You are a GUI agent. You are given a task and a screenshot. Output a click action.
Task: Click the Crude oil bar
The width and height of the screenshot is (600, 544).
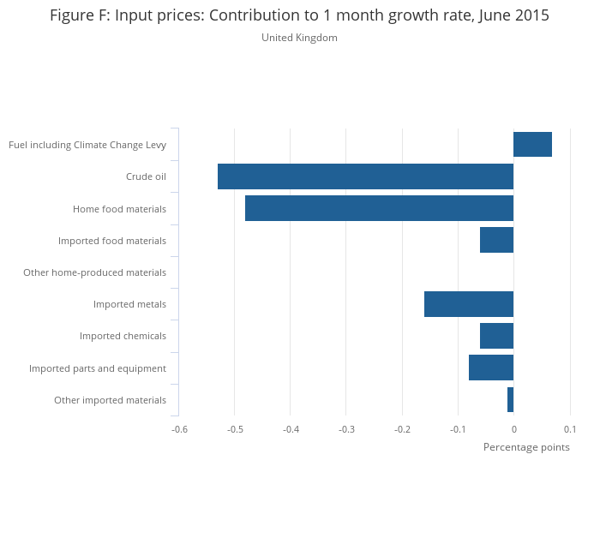[x=365, y=176]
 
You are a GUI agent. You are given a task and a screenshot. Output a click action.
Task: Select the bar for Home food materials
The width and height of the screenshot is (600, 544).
[x=379, y=208]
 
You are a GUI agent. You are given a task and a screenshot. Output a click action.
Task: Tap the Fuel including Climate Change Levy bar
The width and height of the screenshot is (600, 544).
[x=532, y=145]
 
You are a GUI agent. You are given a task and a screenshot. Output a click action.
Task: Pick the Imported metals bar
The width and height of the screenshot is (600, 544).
[x=469, y=304]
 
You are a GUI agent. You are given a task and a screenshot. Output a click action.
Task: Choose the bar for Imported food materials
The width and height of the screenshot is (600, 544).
[x=496, y=240]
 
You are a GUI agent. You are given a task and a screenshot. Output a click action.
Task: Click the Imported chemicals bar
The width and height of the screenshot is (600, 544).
[x=496, y=336]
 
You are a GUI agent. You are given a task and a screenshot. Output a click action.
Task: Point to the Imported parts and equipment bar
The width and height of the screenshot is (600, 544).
[x=491, y=368]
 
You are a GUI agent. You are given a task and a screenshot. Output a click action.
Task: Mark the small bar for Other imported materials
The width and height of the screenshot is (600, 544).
[x=510, y=399]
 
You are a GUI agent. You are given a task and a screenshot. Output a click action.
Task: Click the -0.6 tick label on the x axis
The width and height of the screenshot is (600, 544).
[x=178, y=429]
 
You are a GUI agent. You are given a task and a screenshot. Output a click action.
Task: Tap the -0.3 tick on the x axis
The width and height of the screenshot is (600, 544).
[x=345, y=429]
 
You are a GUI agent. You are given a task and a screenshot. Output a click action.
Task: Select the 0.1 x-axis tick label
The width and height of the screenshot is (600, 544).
[x=569, y=429]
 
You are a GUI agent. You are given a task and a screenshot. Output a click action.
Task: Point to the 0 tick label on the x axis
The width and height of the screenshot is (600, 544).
[x=513, y=429]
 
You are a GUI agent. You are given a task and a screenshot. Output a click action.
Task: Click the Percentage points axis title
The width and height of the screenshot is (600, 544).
[x=526, y=447]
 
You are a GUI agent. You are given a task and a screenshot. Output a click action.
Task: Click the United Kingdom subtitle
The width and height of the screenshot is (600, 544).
[x=299, y=38]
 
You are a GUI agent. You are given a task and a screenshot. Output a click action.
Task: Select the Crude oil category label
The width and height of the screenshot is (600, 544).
[x=146, y=176]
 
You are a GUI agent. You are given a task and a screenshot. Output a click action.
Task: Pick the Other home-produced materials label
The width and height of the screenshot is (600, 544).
[x=94, y=272]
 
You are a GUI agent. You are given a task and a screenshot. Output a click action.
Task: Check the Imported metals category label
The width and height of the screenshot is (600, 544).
[x=129, y=304]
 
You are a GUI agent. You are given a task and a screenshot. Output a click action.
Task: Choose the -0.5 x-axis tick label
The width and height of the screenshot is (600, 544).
[x=234, y=429]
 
